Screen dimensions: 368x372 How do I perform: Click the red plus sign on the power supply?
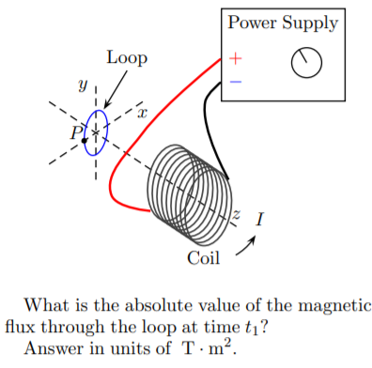point(235,59)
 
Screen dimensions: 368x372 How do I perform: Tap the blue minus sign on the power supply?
point(235,82)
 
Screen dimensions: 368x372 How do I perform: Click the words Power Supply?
point(283,23)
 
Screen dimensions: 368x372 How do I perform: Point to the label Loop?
point(126,57)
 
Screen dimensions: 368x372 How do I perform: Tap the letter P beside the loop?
point(76,132)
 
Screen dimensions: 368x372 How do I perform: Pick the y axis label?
point(84,86)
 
